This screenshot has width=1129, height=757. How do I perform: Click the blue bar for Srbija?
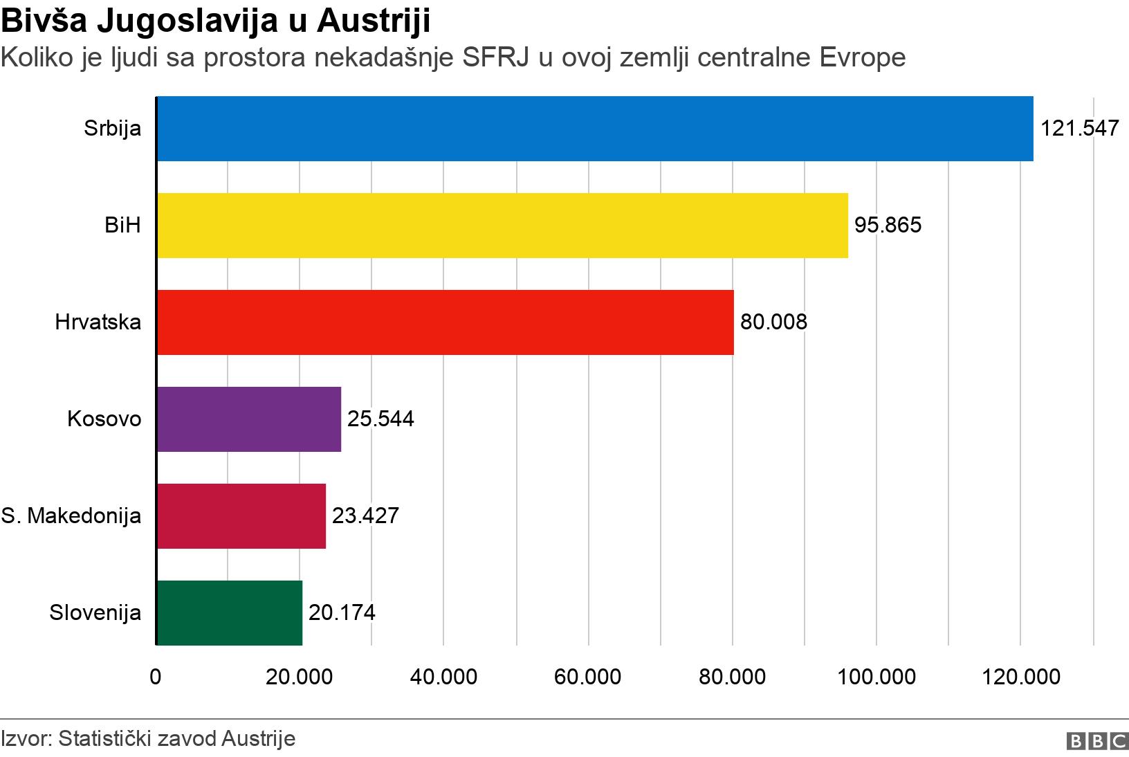tap(595, 129)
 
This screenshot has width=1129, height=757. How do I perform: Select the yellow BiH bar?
tap(502, 226)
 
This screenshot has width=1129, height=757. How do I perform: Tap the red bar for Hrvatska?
tap(446, 322)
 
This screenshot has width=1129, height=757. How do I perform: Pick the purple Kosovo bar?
tap(249, 419)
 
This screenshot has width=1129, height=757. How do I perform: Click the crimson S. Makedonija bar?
tap(241, 516)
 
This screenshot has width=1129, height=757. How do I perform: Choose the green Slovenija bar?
tap(230, 613)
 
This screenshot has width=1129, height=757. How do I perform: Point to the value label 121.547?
tap(1079, 129)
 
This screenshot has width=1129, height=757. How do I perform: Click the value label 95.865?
tap(888, 226)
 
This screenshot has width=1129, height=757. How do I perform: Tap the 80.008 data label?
tap(773, 322)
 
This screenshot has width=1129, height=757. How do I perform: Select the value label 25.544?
tap(380, 419)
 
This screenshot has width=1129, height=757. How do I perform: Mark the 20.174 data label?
tap(342, 613)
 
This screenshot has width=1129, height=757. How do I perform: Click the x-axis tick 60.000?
tap(587, 677)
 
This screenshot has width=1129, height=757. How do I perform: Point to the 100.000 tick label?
tap(876, 677)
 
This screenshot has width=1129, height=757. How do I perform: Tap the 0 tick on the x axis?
tap(156, 677)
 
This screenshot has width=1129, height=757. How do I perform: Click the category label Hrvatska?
tap(98, 322)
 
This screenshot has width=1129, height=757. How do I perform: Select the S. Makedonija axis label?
tap(71, 516)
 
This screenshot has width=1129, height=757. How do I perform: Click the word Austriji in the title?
tap(374, 21)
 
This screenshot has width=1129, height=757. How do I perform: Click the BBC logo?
tap(1097, 741)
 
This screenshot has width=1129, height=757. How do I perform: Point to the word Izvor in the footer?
tap(24, 738)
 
